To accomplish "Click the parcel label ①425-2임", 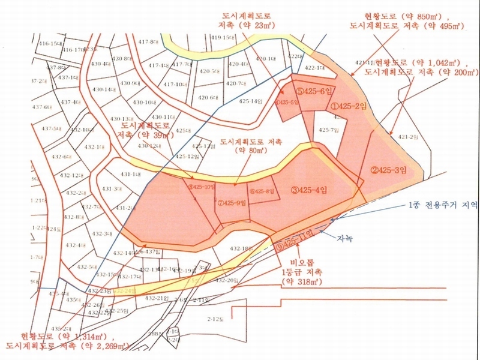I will coord(347,106).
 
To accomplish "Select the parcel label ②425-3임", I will coord(389,170).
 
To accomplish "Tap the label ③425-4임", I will coord(310,190).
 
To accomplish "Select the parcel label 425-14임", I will coord(251,101).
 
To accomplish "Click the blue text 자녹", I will coord(344,238).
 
